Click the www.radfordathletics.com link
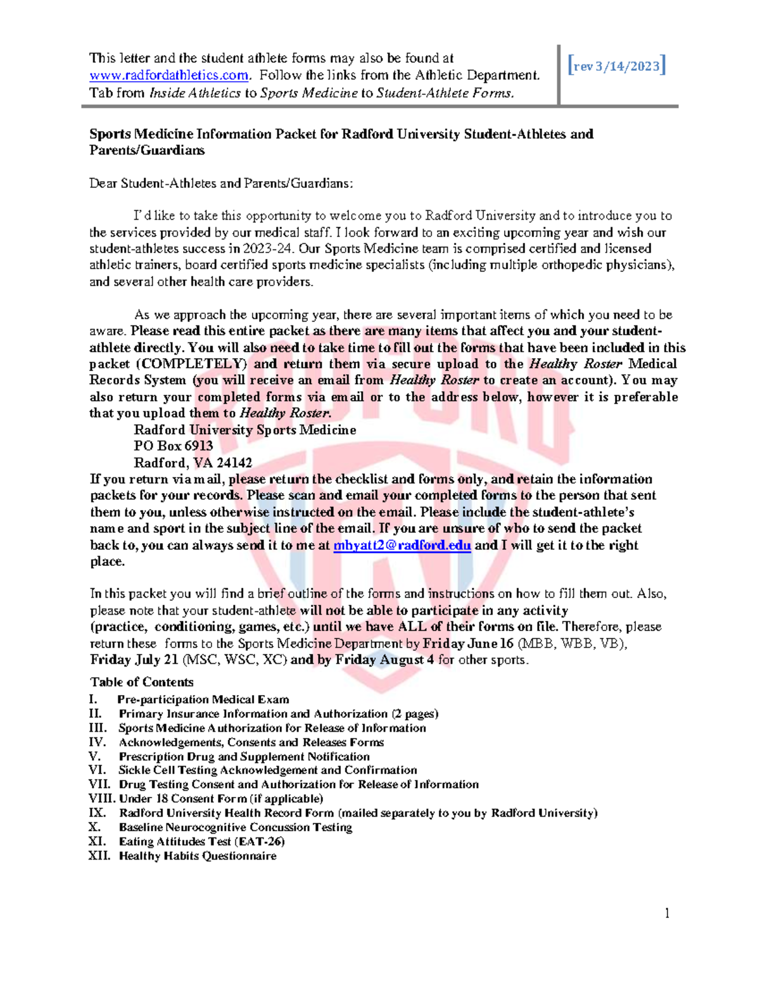168,75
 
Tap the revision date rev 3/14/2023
617,66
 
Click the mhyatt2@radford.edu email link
402,545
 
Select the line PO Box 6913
173,446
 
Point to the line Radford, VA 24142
193,463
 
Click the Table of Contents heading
142,682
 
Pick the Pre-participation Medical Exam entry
203,699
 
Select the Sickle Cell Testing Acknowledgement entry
267,770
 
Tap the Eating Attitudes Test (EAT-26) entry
201,841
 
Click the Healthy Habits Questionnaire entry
198,856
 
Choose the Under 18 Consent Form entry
221,799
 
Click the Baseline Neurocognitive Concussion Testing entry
235,827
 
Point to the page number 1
667,913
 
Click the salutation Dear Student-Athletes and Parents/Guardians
221,184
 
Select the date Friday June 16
468,643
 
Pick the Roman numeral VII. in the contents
99,784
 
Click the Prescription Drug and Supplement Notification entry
244,756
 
